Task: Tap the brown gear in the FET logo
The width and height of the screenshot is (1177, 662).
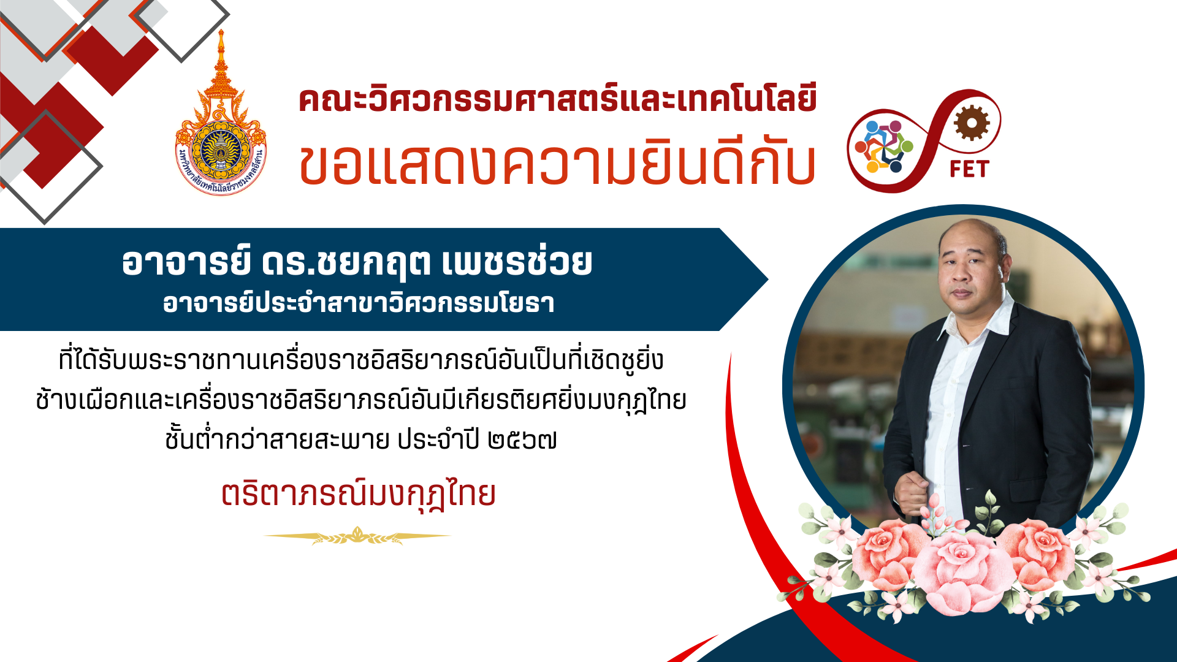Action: (x=972, y=123)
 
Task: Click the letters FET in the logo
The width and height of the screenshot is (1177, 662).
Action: (x=969, y=169)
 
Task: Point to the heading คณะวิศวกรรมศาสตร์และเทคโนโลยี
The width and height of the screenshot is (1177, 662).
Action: (x=558, y=100)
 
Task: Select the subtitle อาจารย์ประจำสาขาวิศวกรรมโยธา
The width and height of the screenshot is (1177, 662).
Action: (x=359, y=302)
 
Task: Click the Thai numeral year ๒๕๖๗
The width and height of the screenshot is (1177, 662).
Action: (x=522, y=440)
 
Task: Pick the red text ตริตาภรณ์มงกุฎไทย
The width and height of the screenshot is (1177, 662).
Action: (x=359, y=493)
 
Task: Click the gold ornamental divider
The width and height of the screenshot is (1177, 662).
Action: (x=357, y=536)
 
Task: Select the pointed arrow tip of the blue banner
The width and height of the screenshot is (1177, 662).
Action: (x=768, y=280)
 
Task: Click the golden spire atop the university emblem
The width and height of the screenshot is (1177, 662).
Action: (x=221, y=58)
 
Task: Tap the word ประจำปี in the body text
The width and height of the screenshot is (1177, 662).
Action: (x=438, y=440)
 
